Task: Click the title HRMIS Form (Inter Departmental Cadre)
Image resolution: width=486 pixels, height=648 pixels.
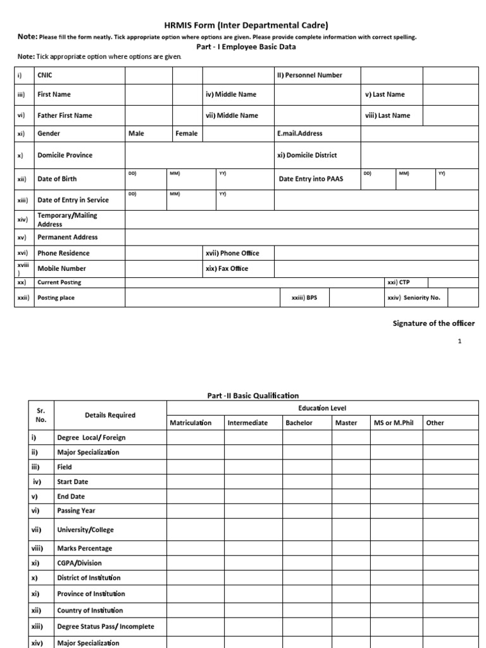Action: tap(247, 25)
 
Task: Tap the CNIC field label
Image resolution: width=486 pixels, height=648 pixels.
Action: tap(46, 75)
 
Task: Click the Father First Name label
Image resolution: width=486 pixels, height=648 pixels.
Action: tap(65, 116)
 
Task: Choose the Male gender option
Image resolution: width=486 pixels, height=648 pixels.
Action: tap(136, 134)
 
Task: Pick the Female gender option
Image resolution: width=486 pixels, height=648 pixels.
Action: tap(187, 134)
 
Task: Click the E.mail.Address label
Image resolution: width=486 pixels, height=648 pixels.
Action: tap(300, 134)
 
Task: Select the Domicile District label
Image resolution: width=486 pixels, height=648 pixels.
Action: tap(307, 155)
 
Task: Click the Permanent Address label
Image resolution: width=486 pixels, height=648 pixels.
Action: tap(68, 237)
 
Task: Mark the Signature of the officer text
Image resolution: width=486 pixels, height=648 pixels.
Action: tap(433, 323)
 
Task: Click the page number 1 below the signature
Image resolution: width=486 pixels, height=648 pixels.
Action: tap(460, 341)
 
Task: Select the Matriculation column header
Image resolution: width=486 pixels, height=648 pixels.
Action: tap(191, 423)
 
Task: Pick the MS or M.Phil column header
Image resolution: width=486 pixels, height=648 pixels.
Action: tap(394, 423)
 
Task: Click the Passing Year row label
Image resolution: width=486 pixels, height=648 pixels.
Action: tap(76, 511)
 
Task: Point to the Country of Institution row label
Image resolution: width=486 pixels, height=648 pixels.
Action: tap(90, 611)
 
